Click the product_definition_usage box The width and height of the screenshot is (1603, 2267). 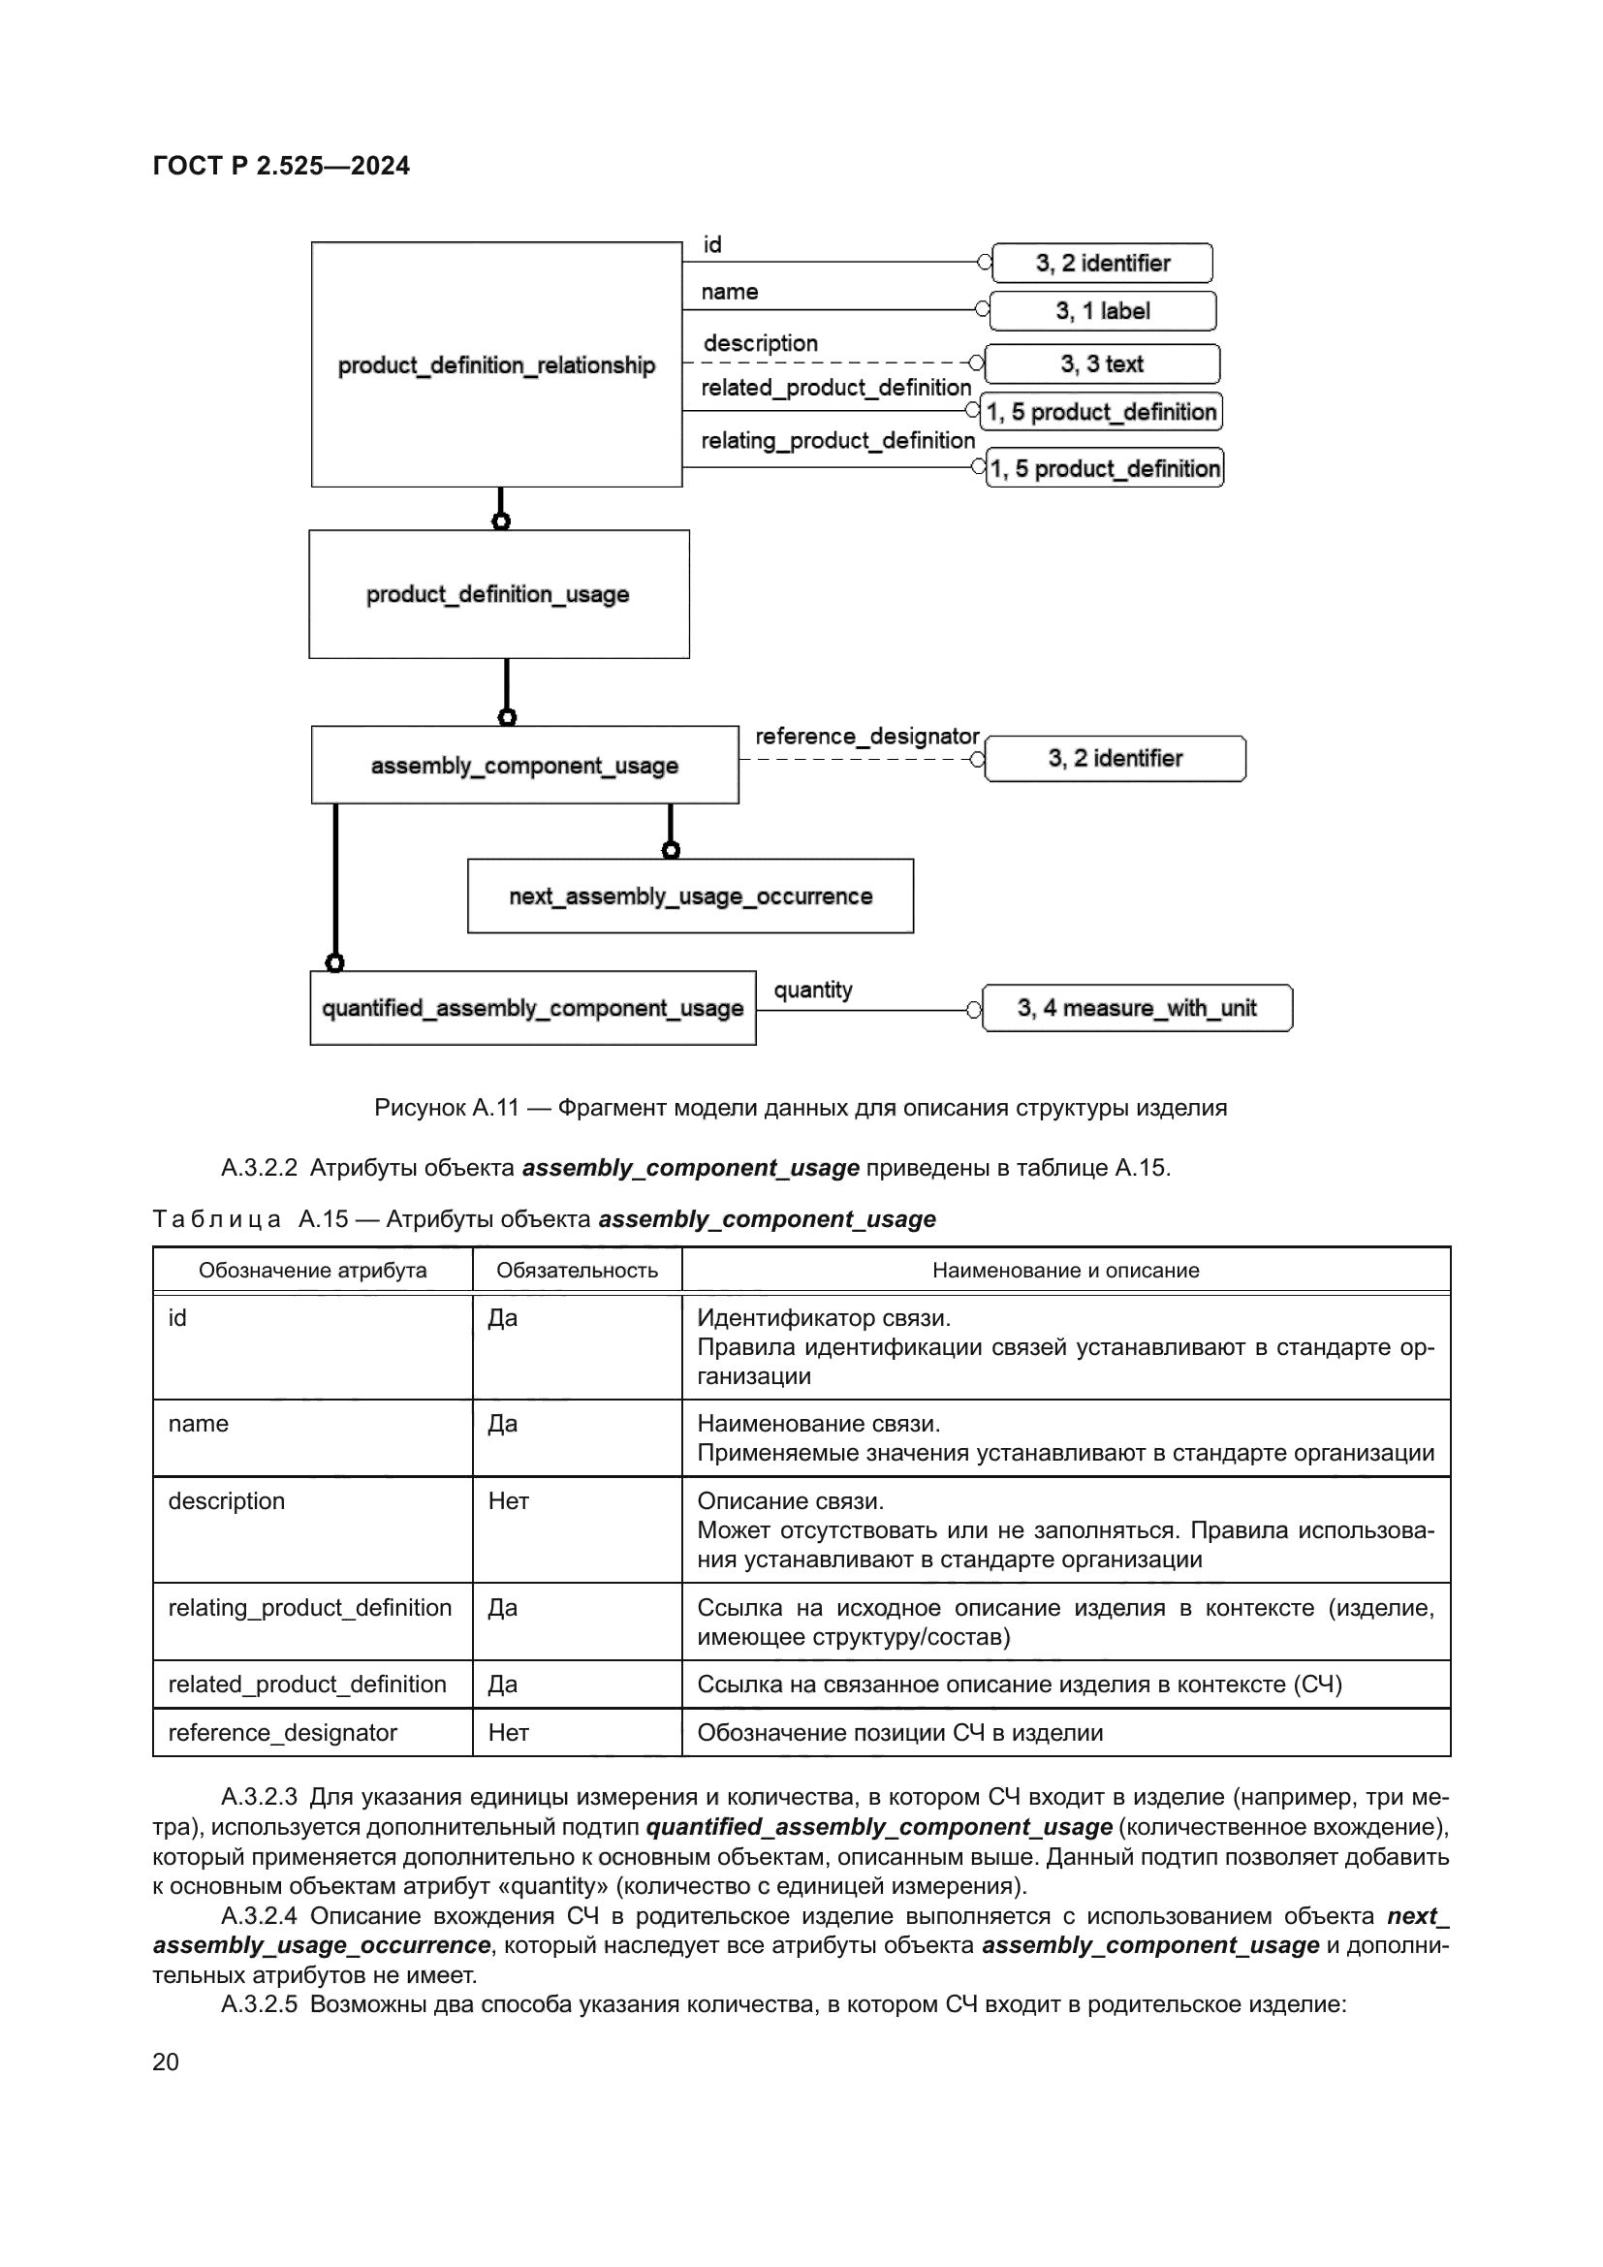point(498,594)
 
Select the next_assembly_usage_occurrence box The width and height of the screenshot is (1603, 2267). point(690,896)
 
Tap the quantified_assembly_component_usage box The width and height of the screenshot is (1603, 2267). point(532,1008)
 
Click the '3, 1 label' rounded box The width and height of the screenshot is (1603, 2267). point(1103,311)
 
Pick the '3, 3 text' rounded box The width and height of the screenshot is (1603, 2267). point(1102,363)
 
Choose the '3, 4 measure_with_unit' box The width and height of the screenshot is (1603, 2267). point(1137,1008)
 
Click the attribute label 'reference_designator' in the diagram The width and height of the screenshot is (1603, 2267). point(866,737)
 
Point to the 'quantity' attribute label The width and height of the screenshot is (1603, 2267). point(812,990)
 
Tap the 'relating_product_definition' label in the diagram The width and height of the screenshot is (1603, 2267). point(837,440)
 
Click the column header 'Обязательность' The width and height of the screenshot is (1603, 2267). point(577,1271)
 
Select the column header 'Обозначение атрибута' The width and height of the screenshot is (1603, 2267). point(312,1271)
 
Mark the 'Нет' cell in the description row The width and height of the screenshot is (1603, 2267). point(509,1500)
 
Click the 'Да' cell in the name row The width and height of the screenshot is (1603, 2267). point(502,1424)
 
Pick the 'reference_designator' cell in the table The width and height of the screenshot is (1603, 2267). point(282,1733)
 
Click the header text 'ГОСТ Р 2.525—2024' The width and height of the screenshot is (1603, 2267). point(281,166)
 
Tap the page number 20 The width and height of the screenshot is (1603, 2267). point(166,2062)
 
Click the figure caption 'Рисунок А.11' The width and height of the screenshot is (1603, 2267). point(446,1108)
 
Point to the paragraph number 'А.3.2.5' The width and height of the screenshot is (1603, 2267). point(259,2004)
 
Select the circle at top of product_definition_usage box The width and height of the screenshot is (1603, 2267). point(500,521)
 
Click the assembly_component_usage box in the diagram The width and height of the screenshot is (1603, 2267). point(524,766)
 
